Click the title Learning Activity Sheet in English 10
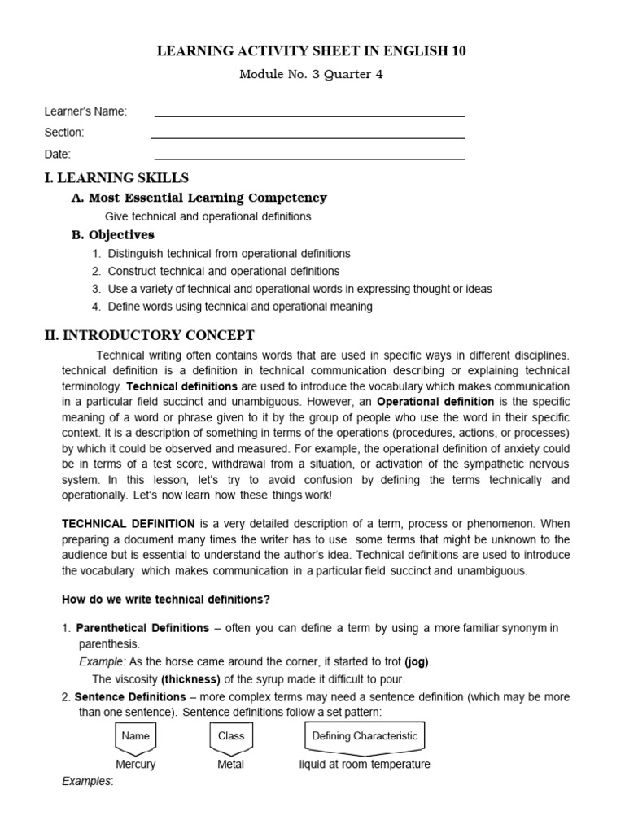pos(312,51)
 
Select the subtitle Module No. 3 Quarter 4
pos(311,75)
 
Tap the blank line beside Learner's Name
pos(309,115)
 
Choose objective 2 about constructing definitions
pos(224,271)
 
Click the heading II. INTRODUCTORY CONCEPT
pos(149,335)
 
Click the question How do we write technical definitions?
pos(166,600)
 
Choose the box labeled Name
pos(135,736)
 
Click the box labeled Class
pos(231,736)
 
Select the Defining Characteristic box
pos(365,736)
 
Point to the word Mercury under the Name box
pos(135,765)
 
